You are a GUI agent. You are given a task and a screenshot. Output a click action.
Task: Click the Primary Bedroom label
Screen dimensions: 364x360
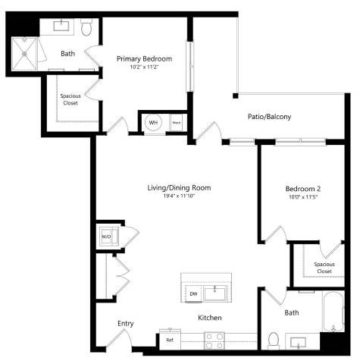(144, 58)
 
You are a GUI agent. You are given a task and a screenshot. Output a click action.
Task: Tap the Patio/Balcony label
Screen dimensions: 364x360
(269, 117)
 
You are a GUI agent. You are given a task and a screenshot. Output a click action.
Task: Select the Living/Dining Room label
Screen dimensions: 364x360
(179, 187)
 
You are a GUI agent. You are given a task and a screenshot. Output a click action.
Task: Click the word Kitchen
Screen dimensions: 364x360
(210, 317)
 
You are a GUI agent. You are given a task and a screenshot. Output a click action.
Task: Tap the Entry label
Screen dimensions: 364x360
(126, 324)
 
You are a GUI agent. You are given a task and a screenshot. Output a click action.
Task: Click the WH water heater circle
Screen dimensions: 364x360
(153, 122)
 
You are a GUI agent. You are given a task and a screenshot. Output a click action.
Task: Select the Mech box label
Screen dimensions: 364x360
(177, 122)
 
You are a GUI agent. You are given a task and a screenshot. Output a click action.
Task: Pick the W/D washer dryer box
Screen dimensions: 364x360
(107, 237)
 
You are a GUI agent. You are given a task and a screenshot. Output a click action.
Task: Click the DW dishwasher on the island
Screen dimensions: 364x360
(193, 293)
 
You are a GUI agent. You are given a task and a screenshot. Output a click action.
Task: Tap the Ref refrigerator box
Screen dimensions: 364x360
(170, 340)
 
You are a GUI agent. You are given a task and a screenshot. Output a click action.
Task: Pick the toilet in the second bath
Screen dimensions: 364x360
(274, 338)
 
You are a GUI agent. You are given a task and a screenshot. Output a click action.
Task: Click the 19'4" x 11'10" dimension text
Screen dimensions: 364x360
(179, 197)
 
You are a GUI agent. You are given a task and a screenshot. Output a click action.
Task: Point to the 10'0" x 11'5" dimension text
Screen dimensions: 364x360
(303, 197)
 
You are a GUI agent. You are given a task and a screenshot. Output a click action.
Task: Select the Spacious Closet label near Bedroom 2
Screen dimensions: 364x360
(324, 267)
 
